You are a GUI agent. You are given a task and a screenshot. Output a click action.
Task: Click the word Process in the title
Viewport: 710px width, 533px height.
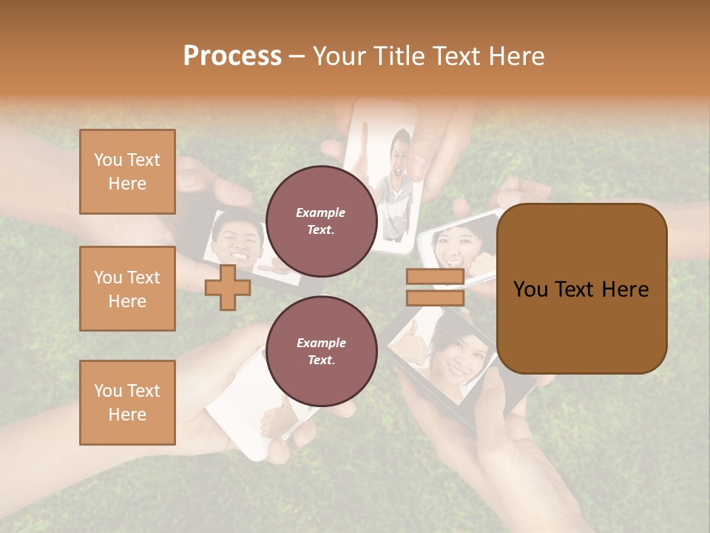[x=232, y=56]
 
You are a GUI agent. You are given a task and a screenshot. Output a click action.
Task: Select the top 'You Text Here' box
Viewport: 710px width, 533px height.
[x=127, y=172]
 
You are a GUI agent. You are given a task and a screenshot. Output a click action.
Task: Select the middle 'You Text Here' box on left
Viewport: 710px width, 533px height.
[x=127, y=289]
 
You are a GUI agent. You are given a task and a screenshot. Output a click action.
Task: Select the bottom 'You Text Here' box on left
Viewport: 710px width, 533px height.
[x=127, y=403]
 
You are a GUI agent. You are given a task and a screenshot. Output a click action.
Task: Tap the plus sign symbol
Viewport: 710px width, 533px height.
[x=228, y=287]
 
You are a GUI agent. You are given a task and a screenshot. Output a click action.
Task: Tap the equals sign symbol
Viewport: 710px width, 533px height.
[x=435, y=287]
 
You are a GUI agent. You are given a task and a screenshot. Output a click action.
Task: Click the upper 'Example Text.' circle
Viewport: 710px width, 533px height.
[x=321, y=221]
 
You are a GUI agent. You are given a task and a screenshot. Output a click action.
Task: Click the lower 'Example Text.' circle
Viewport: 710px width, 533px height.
[x=321, y=351]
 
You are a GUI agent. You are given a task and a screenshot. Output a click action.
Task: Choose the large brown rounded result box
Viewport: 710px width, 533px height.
[x=581, y=289]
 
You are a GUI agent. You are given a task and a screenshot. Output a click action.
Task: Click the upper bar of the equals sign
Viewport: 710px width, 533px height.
[x=435, y=277]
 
